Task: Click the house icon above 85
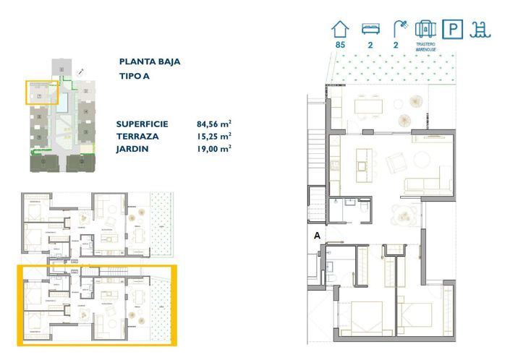(x=340, y=29)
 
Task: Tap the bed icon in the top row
(x=370, y=29)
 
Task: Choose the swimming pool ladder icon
(x=478, y=29)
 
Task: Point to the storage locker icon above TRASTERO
(x=425, y=29)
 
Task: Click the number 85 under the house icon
(x=340, y=45)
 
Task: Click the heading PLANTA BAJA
(x=149, y=61)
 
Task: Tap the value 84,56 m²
(x=213, y=124)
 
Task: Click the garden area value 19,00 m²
(x=213, y=148)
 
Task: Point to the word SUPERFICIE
(x=142, y=124)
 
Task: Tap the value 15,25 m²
(x=213, y=136)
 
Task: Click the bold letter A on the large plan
(x=317, y=235)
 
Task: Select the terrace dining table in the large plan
(x=370, y=106)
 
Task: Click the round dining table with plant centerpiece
(x=402, y=214)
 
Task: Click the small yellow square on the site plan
(x=41, y=93)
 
